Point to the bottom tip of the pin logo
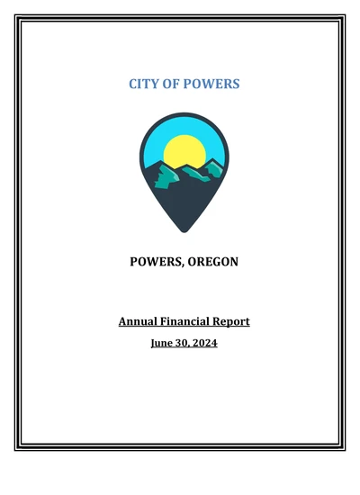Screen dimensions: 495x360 tap(184, 231)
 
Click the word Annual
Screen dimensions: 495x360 tap(138, 321)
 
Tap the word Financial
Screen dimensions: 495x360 tap(192, 321)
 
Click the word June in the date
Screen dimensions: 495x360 tap(163, 343)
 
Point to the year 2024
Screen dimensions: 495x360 tap(205, 343)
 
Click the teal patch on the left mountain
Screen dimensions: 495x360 tap(159, 179)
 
